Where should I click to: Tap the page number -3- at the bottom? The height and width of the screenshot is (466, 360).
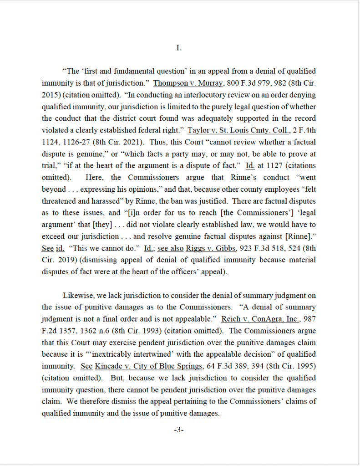click(179, 430)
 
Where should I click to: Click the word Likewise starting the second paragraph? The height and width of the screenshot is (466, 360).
click(77, 295)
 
